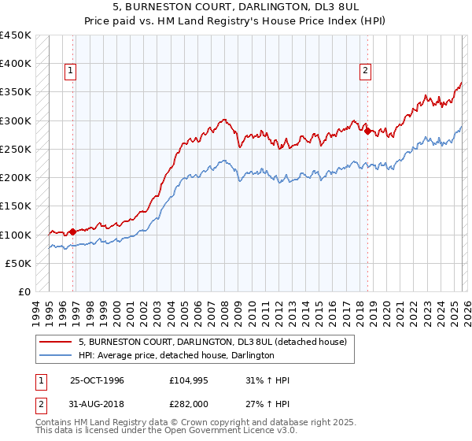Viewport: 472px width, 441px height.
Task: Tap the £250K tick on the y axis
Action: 16,149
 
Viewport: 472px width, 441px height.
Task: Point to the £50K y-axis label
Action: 18,263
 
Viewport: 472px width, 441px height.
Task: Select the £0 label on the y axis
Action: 24,291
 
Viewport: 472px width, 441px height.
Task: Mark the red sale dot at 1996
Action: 72,232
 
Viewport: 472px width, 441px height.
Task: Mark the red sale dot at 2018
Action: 367,131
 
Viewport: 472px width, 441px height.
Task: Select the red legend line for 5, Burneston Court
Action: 56,343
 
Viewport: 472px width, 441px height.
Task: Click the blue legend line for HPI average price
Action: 56,356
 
